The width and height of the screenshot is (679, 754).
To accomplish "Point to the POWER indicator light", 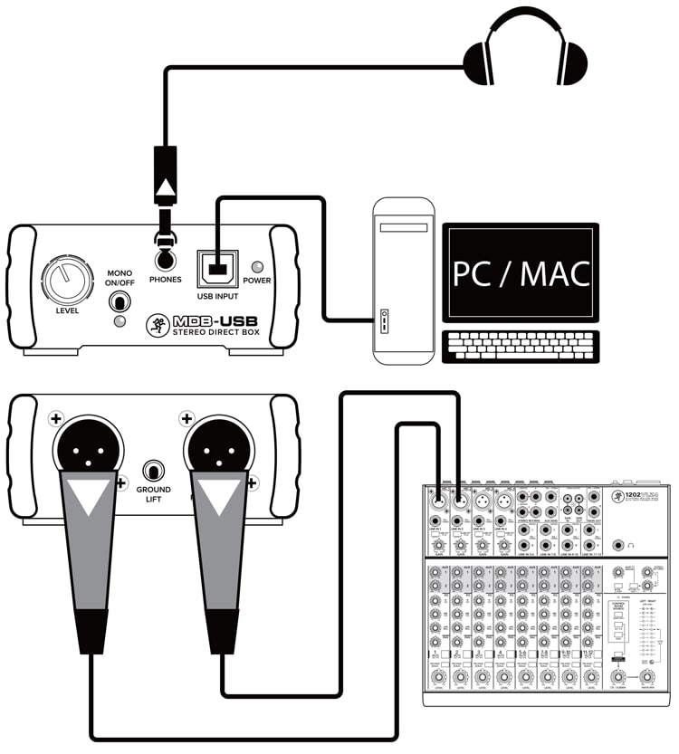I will point(257,267).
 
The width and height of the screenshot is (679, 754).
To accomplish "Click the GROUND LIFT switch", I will point(154,472).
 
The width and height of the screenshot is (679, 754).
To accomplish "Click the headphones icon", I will point(525,52).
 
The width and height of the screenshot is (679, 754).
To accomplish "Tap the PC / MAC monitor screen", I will point(521,272).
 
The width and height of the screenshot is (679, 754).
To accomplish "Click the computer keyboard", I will point(520,348).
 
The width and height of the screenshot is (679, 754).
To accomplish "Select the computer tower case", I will point(403,281).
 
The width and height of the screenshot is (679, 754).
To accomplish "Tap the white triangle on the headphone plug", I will point(164,187).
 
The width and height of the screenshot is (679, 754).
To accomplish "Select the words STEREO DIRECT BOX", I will point(210,336).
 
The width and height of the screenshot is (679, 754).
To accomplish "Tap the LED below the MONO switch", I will point(119,322).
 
